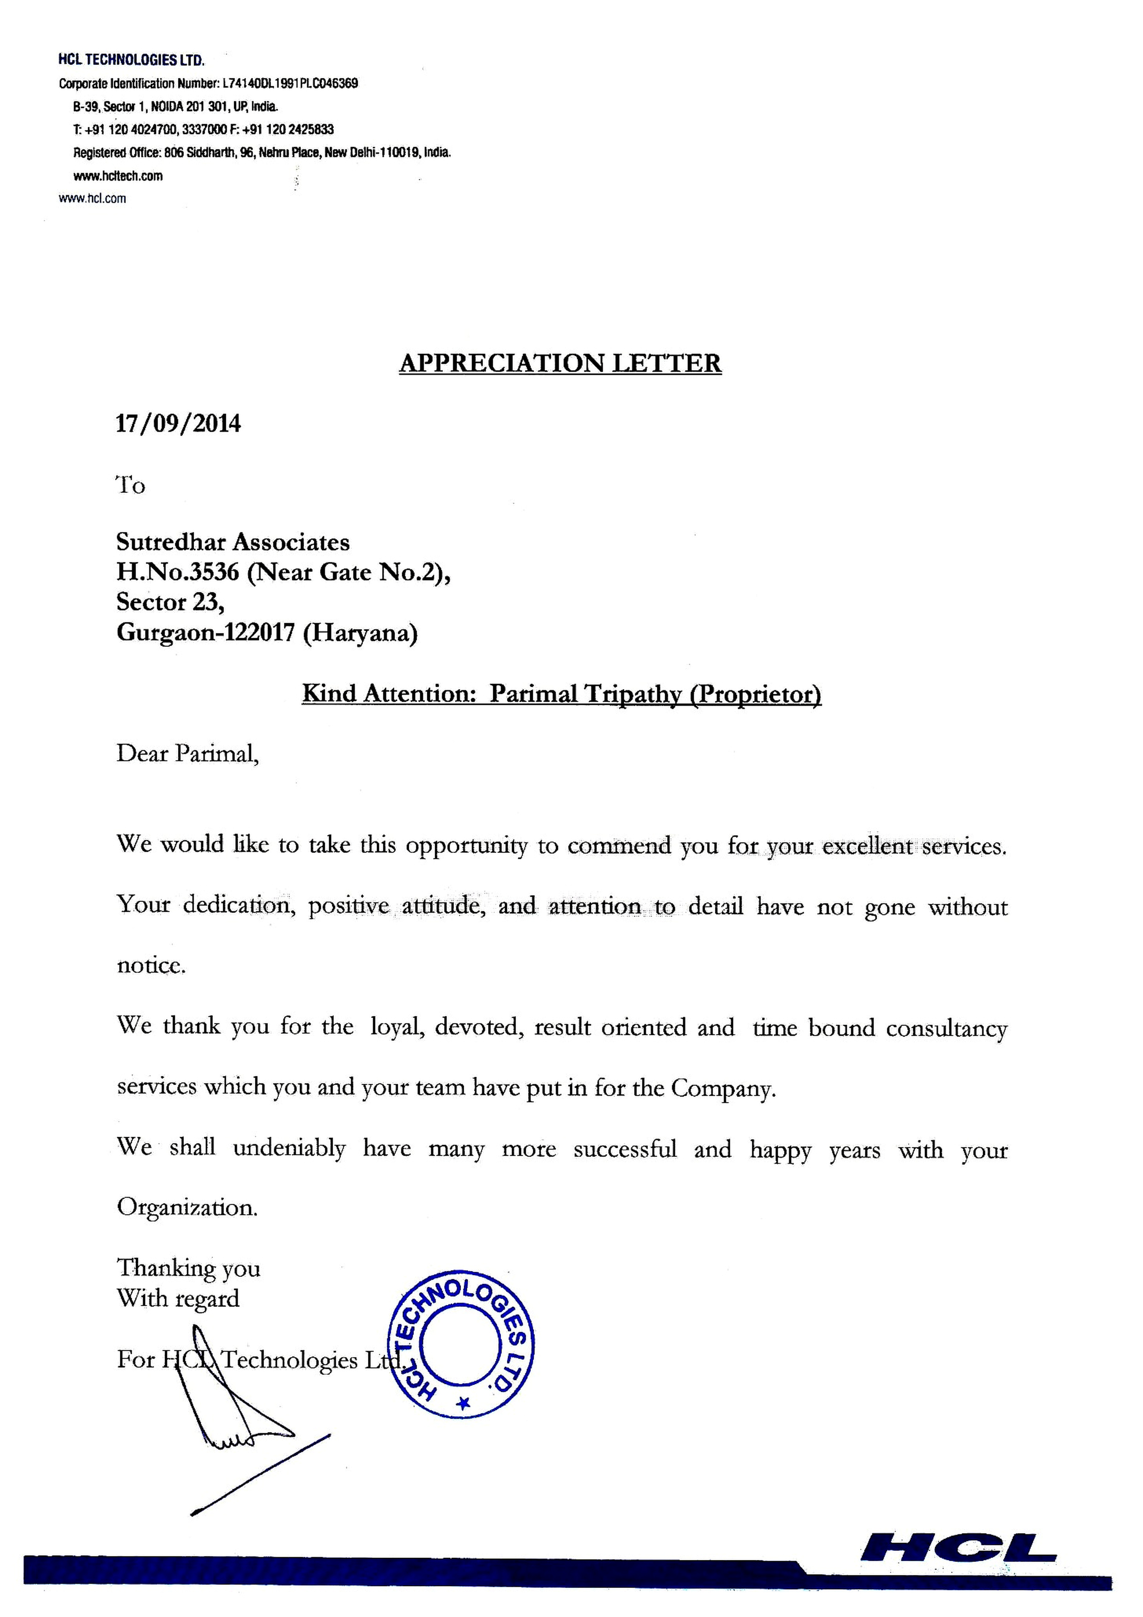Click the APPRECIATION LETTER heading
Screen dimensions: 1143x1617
tap(560, 363)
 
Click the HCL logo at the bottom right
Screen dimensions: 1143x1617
tap(958, 1547)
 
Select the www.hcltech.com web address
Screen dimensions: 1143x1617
tap(118, 176)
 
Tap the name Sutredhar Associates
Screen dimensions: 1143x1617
tap(232, 542)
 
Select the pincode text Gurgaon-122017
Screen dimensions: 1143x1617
tap(205, 632)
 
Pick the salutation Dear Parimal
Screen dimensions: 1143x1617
tap(187, 754)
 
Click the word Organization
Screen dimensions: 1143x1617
tap(187, 1208)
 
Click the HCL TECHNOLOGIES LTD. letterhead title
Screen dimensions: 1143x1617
tap(131, 60)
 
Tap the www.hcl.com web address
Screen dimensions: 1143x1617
tap(92, 199)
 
